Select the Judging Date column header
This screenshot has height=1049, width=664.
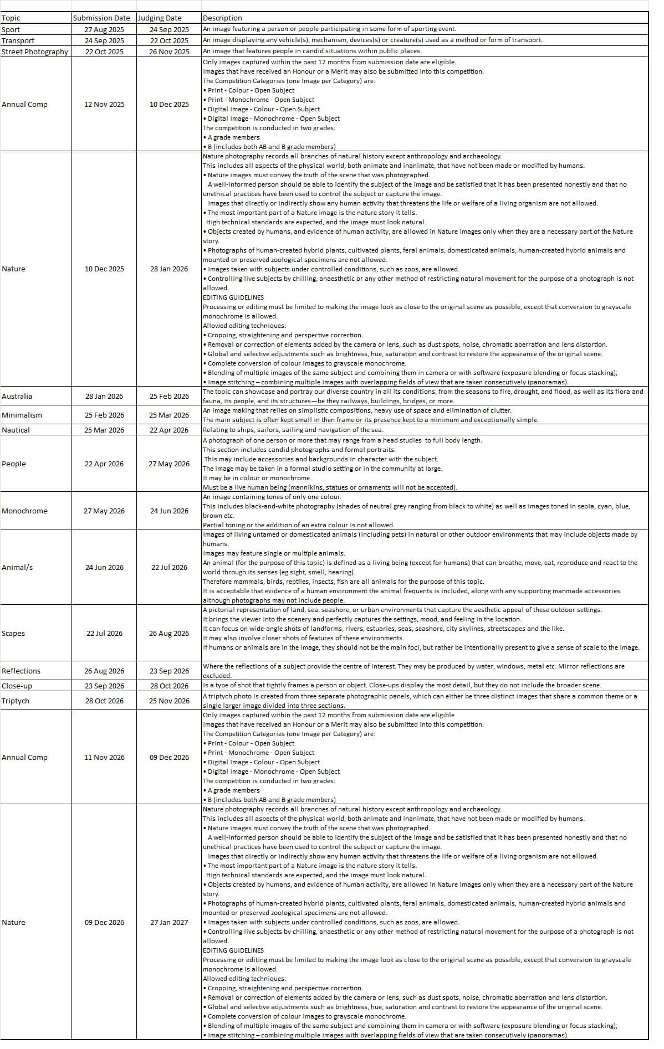click(160, 18)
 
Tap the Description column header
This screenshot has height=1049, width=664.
click(222, 18)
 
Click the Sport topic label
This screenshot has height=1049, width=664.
click(11, 29)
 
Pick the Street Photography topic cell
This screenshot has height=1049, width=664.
click(35, 52)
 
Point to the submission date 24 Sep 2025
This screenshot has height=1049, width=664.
click(104, 40)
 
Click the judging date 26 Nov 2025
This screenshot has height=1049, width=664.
click(169, 52)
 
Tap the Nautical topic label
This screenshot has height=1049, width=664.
click(16, 430)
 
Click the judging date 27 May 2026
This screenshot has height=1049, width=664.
click(169, 464)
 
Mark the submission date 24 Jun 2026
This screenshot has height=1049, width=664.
click(104, 567)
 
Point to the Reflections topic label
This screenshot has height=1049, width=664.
click(21, 671)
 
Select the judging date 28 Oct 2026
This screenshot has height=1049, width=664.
click(169, 686)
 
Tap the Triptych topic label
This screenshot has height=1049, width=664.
click(16, 701)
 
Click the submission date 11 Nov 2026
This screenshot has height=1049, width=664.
click(104, 757)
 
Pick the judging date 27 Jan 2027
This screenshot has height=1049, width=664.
click(169, 922)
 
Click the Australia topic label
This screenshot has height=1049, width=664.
click(17, 396)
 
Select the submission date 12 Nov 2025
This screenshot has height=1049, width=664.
click(104, 104)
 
